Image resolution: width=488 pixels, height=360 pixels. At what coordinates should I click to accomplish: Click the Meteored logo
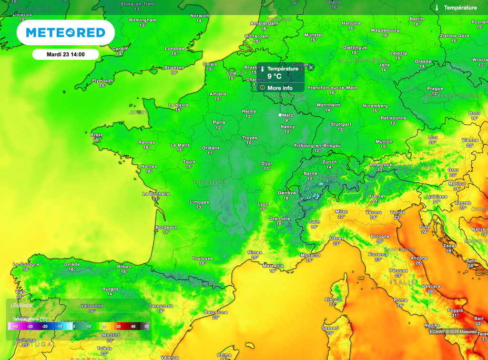pos(65,32)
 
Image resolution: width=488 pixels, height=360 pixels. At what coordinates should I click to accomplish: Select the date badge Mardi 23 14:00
pos(66,54)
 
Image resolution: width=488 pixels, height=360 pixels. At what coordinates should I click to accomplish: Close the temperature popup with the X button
pos(311,68)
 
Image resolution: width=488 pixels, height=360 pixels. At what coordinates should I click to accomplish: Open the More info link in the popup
pos(280,88)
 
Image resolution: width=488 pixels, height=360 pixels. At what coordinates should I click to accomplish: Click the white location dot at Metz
pos(280,115)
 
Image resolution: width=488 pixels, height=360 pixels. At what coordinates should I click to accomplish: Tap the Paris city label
pos(219,122)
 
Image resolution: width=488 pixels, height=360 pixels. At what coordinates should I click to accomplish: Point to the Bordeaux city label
pos(166,227)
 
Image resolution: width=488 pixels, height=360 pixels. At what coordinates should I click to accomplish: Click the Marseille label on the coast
pos(273,266)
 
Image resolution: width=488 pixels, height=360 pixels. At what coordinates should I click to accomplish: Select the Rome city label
pos(400,300)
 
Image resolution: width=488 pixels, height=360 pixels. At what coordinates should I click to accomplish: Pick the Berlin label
pos(417,19)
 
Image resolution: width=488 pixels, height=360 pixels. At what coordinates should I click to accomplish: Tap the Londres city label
pos(174,49)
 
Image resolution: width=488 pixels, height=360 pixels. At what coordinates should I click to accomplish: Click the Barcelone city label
pos(216,312)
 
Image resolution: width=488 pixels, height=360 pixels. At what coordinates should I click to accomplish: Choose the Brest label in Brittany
pos(96,135)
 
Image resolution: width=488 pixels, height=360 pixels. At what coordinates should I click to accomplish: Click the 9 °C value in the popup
pos(274,76)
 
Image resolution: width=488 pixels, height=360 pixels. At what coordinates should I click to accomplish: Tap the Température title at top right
pos(460,8)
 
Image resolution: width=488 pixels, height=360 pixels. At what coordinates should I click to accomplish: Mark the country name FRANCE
pos(210,182)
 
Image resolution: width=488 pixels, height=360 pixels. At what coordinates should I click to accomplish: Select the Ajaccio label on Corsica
pos(333,299)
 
